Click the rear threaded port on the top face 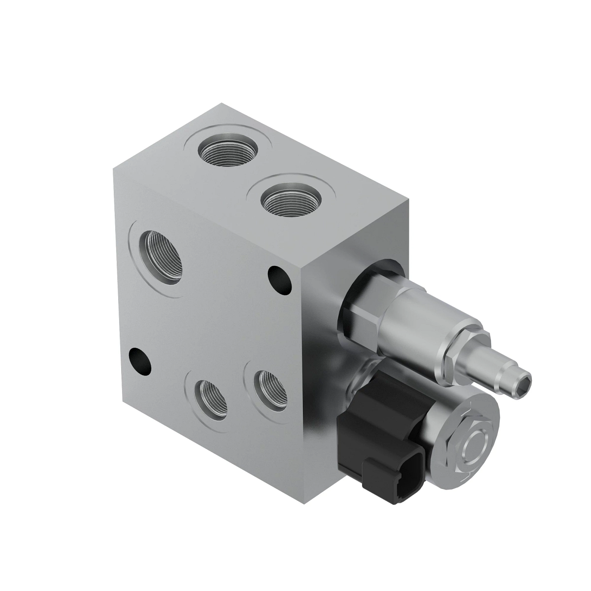click(x=228, y=150)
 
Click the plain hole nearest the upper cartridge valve click(x=279, y=279)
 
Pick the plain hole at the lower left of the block click(x=140, y=360)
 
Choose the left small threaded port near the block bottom click(x=211, y=399)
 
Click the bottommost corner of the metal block click(x=310, y=502)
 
